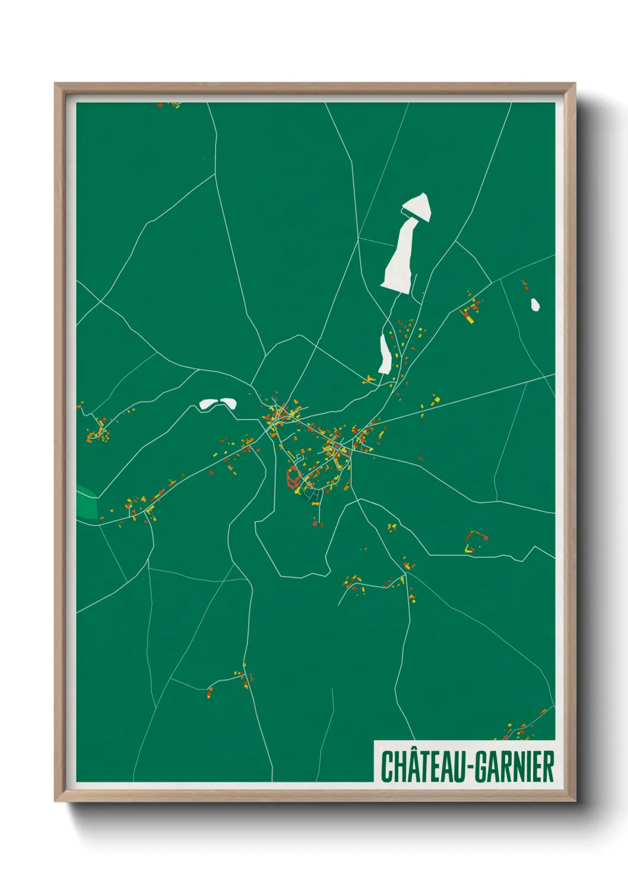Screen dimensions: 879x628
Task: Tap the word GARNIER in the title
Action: (515, 767)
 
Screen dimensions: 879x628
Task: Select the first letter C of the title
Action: (386, 767)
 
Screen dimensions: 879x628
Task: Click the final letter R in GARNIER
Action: (548, 767)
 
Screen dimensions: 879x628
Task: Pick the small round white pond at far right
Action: (535, 305)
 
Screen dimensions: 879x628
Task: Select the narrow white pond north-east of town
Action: (384, 355)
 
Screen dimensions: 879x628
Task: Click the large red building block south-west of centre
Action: (292, 477)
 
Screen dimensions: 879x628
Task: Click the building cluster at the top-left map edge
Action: (169, 105)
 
